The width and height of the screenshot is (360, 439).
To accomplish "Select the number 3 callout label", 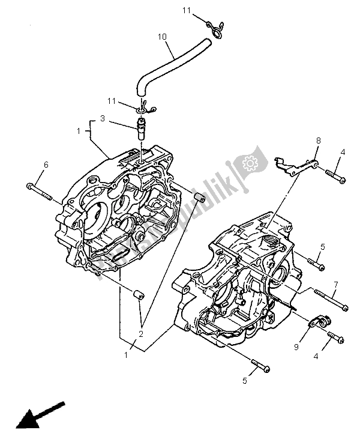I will pos(103,120).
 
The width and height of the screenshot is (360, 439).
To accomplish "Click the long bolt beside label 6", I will pos(40,191).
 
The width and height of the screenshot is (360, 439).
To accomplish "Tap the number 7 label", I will pos(335,284).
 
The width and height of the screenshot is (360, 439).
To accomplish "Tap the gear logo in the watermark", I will pos(248,163).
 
